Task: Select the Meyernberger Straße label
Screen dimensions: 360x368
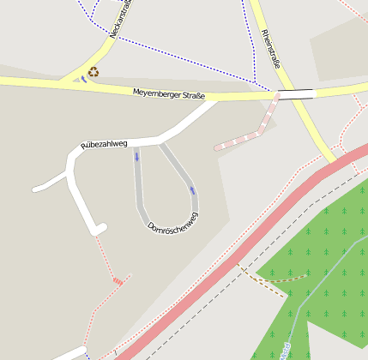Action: [169, 94]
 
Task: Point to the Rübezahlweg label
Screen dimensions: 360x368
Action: [104, 144]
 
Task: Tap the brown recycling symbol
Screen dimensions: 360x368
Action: [94, 72]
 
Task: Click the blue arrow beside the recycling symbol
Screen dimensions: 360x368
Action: [82, 79]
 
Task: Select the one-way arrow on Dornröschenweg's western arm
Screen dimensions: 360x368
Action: [136, 157]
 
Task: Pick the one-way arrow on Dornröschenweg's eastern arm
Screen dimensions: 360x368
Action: [191, 189]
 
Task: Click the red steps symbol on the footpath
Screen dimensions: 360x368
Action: [118, 279]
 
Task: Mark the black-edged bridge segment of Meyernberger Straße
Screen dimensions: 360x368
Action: [296, 93]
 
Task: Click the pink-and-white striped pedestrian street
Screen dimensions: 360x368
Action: [249, 134]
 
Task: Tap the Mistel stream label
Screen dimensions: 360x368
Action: [284, 351]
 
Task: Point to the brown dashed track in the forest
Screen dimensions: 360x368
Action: [274, 279]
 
